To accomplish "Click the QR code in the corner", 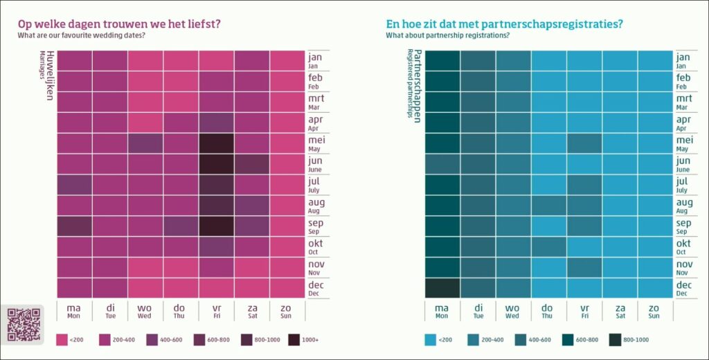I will [24, 325].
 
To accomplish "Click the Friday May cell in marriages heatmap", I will [216, 143].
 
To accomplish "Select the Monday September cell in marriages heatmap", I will [74, 226].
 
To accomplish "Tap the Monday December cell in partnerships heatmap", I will [442, 288].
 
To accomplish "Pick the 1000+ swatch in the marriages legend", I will [294, 340].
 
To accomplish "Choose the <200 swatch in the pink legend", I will [62, 340].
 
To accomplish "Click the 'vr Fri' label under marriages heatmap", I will [216, 310].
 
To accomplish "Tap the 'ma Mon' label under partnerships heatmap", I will [442, 310].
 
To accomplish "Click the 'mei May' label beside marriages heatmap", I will [316, 143].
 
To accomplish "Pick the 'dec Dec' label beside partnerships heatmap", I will [683, 288].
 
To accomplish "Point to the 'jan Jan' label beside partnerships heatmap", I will [683, 60].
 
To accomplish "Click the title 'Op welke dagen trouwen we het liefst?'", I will [119, 24].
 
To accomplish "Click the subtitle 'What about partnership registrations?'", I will [448, 35].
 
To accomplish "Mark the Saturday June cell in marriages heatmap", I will [252, 164].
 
